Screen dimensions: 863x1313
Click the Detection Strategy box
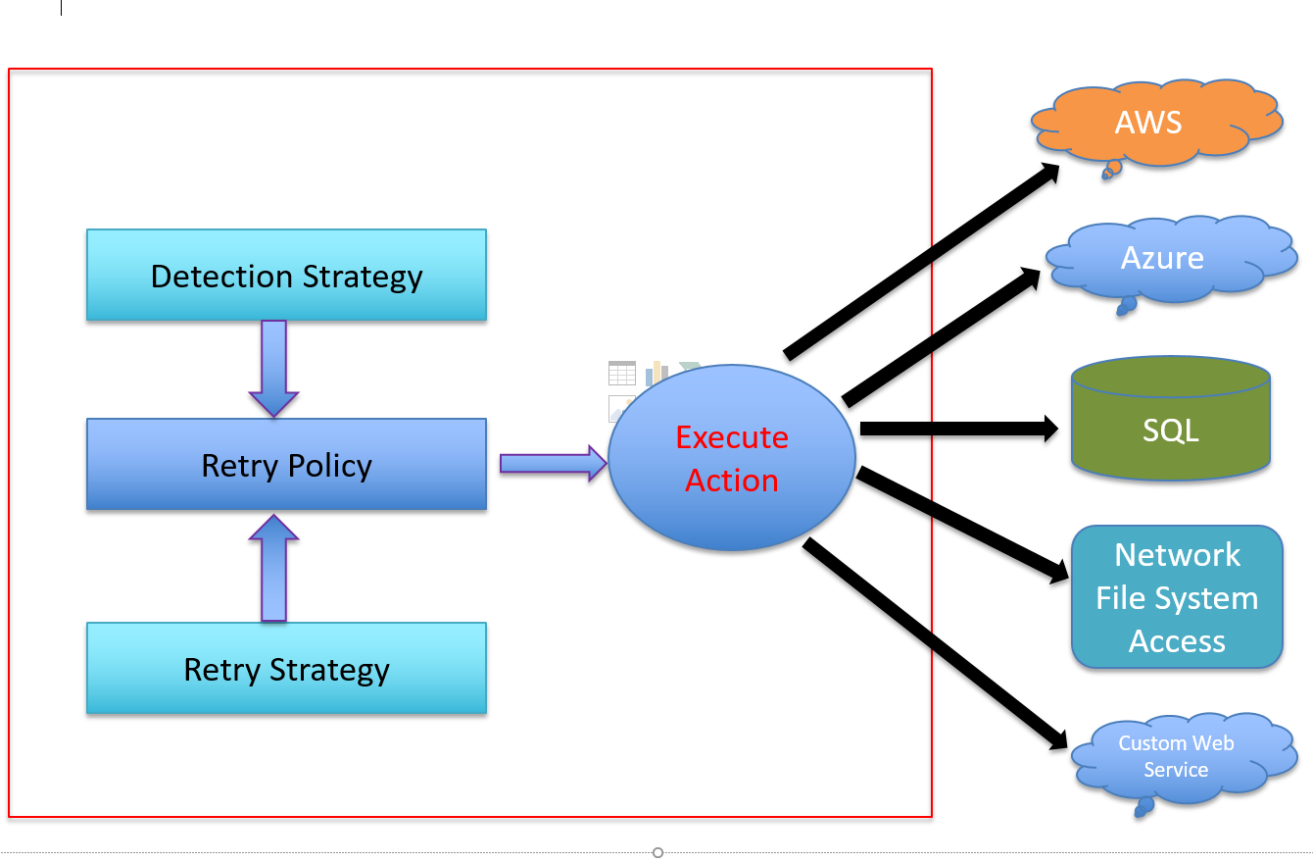pyautogui.click(x=286, y=276)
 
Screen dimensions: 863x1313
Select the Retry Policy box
pyautogui.click(x=286, y=465)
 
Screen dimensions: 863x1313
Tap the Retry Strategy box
pyautogui.click(x=286, y=669)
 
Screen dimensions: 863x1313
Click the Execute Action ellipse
pyautogui.click(x=732, y=459)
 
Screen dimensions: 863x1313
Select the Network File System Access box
pyautogui.click(x=1177, y=597)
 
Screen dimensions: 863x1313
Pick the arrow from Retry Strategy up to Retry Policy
pyautogui.click(x=273, y=568)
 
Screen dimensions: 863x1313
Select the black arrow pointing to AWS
pyautogui.click(x=921, y=261)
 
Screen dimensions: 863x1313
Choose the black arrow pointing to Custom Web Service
pyautogui.click(x=936, y=643)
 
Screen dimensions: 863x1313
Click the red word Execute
pyautogui.click(x=732, y=437)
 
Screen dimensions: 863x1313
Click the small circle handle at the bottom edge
pyautogui.click(x=657, y=852)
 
